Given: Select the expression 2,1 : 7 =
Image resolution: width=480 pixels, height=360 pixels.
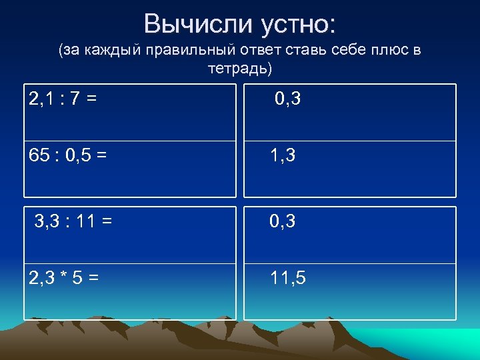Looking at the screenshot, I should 63,99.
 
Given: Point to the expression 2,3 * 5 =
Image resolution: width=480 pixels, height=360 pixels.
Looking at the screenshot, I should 65,279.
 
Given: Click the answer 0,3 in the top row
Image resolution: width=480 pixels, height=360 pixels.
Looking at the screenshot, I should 287,99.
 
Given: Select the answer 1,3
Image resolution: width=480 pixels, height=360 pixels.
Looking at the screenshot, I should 283,156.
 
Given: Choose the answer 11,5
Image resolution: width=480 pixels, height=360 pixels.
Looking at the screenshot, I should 288,279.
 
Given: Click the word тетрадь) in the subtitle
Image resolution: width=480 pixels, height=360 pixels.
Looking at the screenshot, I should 240,68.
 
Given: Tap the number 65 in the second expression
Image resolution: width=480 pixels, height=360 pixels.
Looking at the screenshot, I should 39,156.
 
